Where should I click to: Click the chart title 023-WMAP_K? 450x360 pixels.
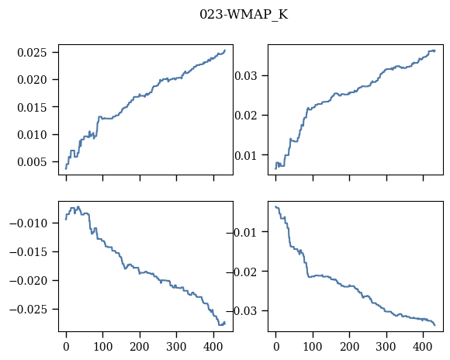244,15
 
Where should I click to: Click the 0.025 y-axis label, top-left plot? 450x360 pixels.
32,53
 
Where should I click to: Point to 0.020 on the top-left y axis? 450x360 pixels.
32,80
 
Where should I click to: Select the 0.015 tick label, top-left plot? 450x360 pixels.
32,107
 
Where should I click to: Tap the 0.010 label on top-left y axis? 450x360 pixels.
32,135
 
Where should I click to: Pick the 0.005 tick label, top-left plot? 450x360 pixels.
32,162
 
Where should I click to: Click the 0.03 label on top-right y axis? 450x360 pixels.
246,76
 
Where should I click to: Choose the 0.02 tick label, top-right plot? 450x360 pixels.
246,116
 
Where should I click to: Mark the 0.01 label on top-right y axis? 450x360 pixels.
246,156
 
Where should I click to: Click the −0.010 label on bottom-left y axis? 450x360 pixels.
29,223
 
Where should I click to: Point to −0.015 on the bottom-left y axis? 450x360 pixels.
29,252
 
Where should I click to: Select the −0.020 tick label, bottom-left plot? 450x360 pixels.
29,281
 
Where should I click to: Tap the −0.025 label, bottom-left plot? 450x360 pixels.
29,310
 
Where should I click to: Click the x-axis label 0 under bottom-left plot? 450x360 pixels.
66,347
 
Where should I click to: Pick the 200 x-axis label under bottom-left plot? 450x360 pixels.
140,347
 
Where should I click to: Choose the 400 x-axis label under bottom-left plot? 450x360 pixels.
213,347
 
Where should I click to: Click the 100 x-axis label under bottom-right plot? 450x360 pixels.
313,347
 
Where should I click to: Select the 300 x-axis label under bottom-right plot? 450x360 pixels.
386,347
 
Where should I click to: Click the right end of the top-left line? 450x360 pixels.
225,50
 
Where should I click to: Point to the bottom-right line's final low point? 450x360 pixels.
435,325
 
